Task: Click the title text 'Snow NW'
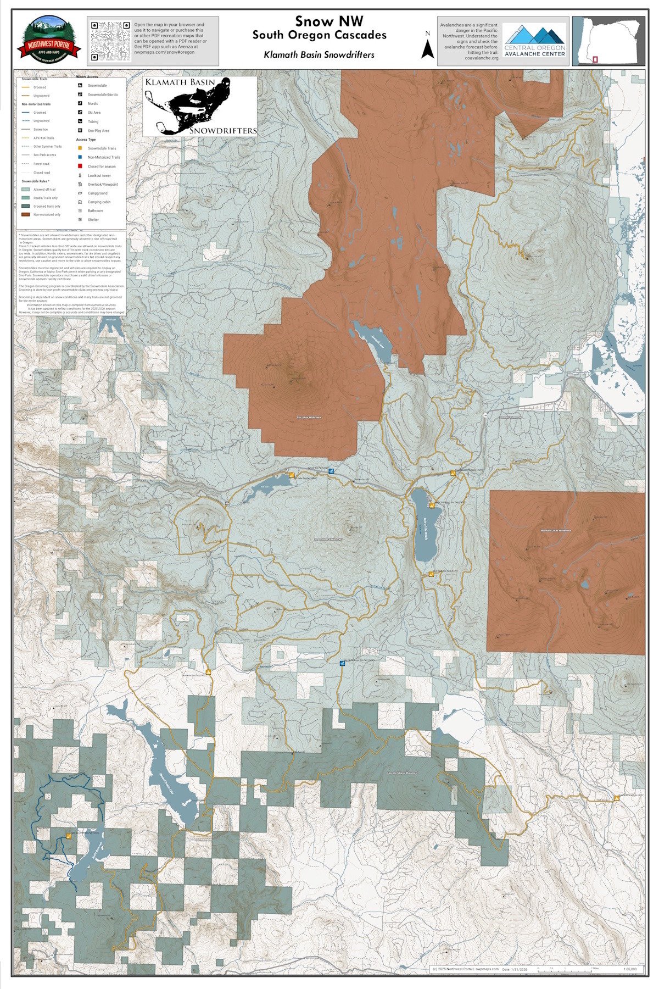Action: tap(319, 21)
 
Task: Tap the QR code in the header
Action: tap(108, 41)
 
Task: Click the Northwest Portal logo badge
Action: tap(49, 40)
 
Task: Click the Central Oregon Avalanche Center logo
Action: tap(535, 40)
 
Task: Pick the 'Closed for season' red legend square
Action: tap(80, 166)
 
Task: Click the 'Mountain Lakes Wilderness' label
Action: tap(556, 531)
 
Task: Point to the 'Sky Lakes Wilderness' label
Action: tap(308, 418)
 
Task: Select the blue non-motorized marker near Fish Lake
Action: tap(331, 471)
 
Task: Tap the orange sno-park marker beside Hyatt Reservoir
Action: tap(69, 851)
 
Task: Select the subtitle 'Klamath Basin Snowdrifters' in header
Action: tap(319, 54)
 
